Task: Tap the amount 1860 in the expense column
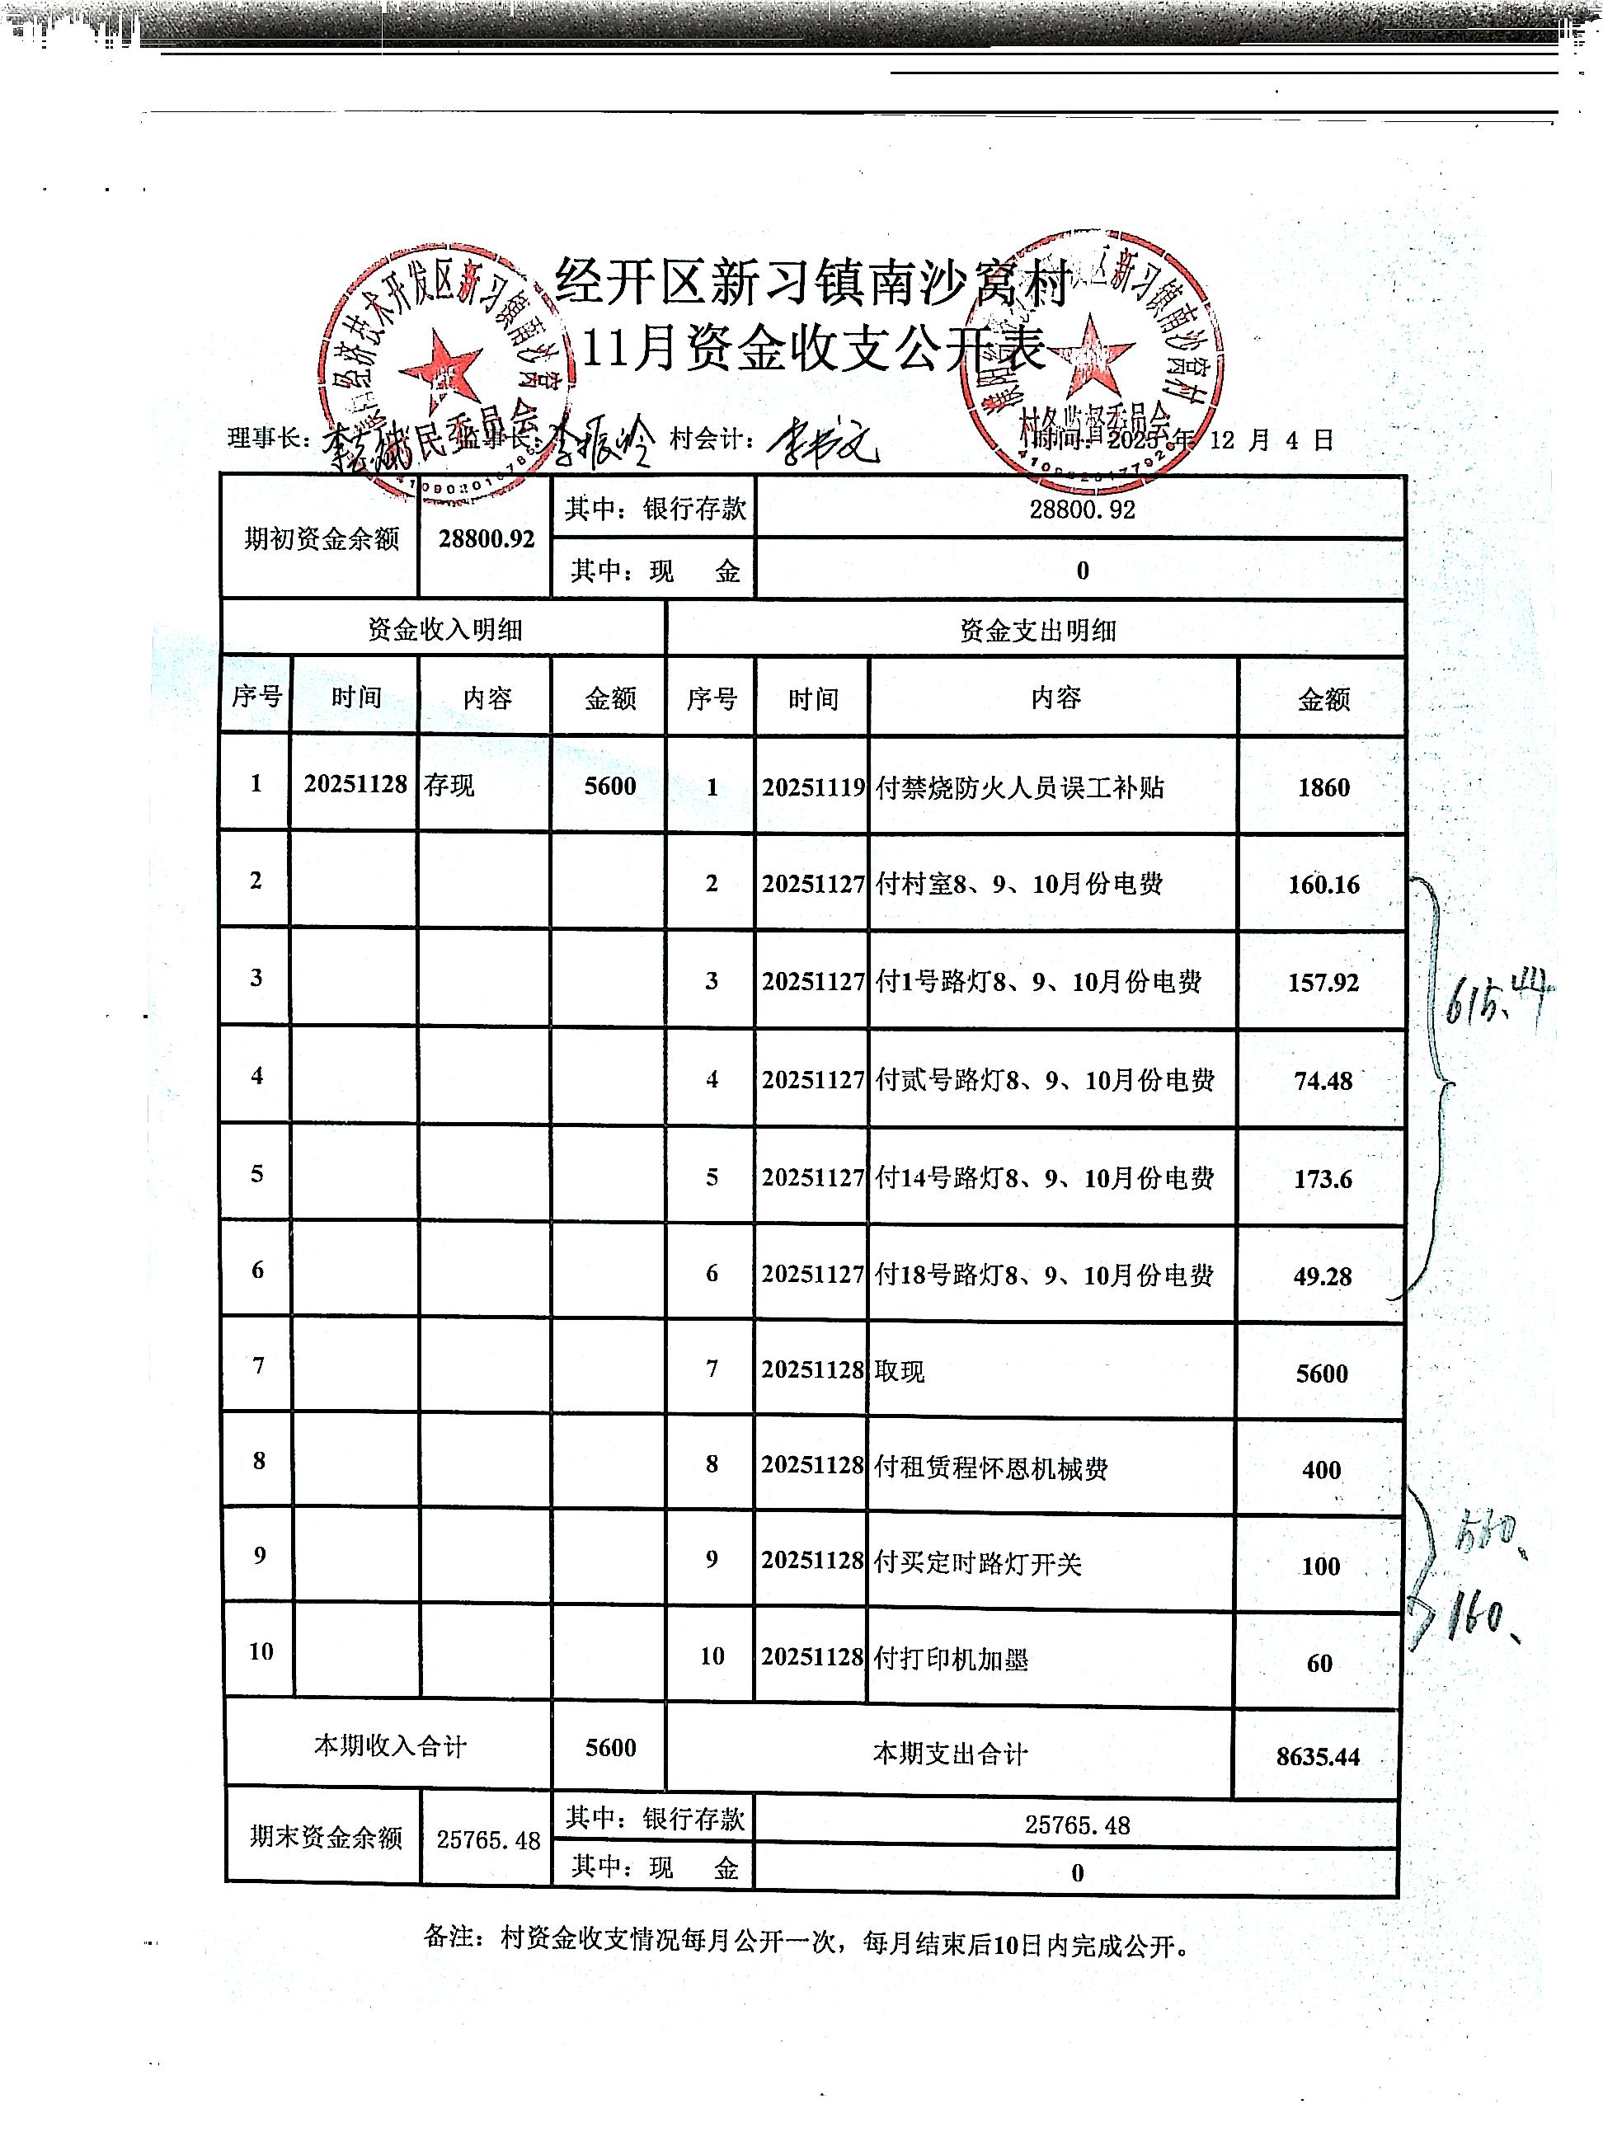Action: click(1323, 787)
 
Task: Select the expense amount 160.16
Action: click(1323, 884)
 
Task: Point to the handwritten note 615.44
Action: click(1497, 1000)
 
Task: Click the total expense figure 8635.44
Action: click(1317, 1756)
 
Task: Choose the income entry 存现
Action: click(449, 784)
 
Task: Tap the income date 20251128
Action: click(355, 783)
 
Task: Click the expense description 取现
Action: click(900, 1371)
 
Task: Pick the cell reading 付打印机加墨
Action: click(951, 1659)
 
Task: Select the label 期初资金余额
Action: click(321, 538)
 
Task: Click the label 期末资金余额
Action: click(325, 1837)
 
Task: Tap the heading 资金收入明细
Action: click(444, 630)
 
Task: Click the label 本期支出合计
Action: click(949, 1754)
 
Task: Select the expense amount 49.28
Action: click(1322, 1276)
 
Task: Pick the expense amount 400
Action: click(1321, 1469)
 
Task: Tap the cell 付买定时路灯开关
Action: click(977, 1563)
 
